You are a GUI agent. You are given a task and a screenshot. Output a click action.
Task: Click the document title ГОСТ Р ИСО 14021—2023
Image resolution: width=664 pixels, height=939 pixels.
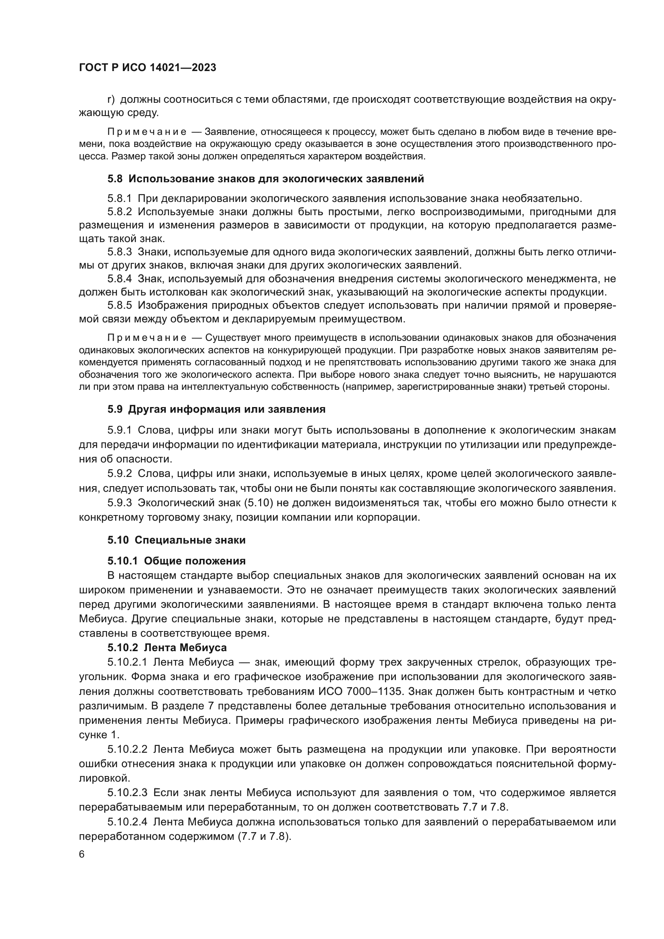147,67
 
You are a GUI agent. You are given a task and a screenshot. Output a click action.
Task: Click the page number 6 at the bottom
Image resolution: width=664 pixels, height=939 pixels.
82,854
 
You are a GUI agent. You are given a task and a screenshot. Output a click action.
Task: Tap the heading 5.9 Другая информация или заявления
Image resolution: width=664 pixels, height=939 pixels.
216,409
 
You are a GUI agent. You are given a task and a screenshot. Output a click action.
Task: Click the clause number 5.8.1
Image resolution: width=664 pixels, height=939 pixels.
119,199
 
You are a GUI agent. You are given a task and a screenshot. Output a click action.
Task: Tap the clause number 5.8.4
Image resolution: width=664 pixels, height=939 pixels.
119,279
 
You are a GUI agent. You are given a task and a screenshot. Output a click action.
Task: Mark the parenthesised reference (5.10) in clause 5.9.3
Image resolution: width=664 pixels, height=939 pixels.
254,503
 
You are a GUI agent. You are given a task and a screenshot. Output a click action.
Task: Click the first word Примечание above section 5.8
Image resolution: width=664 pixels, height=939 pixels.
147,132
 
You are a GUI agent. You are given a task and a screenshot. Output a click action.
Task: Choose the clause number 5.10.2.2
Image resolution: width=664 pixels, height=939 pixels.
127,749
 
